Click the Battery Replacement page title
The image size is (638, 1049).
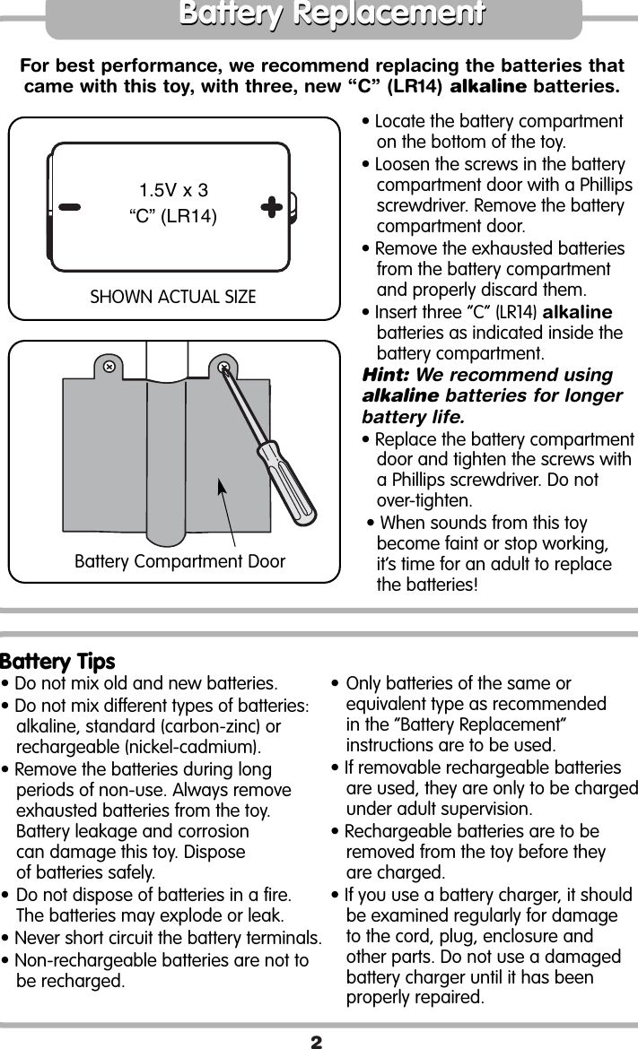331,15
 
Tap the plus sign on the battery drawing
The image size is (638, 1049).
272,207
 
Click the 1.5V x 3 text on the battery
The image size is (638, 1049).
173,190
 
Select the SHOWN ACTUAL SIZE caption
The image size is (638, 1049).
173,297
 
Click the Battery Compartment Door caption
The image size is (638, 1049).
179,562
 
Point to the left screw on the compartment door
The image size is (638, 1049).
109,367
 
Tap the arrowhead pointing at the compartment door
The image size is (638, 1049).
220,487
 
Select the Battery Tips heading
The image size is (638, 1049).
58,662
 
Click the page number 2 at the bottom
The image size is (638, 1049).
316,1041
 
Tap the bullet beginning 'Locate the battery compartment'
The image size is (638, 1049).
498,122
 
